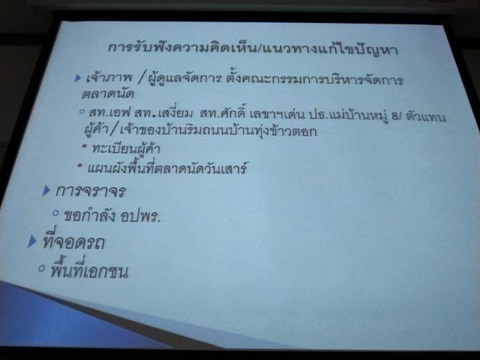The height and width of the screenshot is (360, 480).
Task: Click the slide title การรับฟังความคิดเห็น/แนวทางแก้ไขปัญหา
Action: point(253,49)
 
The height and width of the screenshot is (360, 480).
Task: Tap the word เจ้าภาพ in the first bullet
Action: point(109,78)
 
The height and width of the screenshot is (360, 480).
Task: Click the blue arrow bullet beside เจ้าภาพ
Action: point(78,78)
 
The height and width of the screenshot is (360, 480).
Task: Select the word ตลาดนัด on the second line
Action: point(107,94)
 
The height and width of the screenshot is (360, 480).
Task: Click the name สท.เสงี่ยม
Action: point(164,113)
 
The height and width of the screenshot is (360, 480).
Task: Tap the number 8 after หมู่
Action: point(395,116)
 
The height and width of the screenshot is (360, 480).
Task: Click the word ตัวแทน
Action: point(426,117)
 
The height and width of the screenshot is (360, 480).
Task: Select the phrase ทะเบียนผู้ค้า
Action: point(126,148)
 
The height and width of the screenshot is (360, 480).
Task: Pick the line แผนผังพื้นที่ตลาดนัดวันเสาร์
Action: point(167,168)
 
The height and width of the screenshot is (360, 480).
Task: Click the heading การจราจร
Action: point(91,191)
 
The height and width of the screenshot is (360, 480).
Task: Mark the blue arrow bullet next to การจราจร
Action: point(46,190)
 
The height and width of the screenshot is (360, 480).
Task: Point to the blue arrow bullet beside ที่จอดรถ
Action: point(32,242)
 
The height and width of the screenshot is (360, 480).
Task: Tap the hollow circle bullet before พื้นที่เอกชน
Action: point(41,269)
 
